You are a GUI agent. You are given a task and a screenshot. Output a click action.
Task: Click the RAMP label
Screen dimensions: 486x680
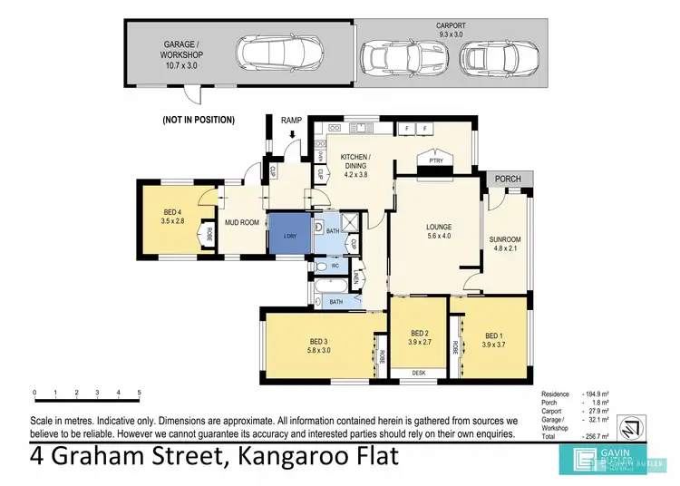coord(291,120)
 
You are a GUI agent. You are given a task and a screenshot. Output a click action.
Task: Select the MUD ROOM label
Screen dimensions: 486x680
coord(242,222)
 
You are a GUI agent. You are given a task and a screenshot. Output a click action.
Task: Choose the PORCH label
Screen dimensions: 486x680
coord(508,179)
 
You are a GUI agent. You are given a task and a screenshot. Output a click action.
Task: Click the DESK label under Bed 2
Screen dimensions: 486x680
coord(418,373)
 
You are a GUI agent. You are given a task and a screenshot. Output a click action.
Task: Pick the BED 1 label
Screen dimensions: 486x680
coord(491,336)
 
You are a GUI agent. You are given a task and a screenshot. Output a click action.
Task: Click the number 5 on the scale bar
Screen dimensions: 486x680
coord(139,394)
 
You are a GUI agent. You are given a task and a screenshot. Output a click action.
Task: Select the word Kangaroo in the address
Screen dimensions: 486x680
coord(288,455)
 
